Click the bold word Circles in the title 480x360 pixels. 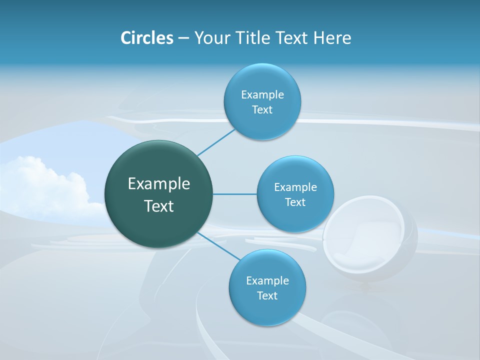click(x=146, y=38)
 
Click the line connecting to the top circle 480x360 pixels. click(x=216, y=142)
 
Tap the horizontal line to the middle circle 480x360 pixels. click(x=234, y=194)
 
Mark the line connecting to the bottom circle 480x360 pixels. click(x=218, y=246)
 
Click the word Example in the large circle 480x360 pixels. click(x=158, y=184)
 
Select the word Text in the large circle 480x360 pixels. click(x=158, y=206)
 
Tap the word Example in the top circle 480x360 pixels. click(x=262, y=94)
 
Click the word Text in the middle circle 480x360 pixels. click(x=295, y=202)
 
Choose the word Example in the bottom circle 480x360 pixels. click(x=267, y=280)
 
